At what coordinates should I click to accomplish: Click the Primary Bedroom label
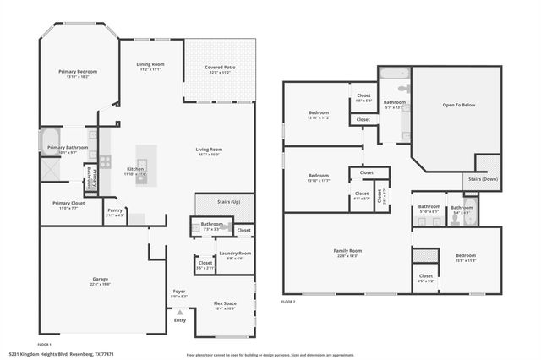[x=78, y=72]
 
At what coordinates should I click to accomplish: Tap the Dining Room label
[x=151, y=65]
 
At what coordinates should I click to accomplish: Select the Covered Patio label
[x=219, y=67]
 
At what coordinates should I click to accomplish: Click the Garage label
[x=100, y=279]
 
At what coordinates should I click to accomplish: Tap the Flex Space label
[x=224, y=303]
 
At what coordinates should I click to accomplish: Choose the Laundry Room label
[x=235, y=253]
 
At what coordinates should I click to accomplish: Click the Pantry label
[x=114, y=210]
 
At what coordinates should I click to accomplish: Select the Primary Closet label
[x=68, y=203]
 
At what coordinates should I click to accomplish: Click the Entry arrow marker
[x=179, y=313]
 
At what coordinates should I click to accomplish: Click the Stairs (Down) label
[x=483, y=179]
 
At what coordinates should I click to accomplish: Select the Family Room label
[x=347, y=250]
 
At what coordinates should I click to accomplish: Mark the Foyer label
[x=178, y=292]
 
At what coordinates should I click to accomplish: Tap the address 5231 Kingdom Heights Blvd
[x=61, y=354]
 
